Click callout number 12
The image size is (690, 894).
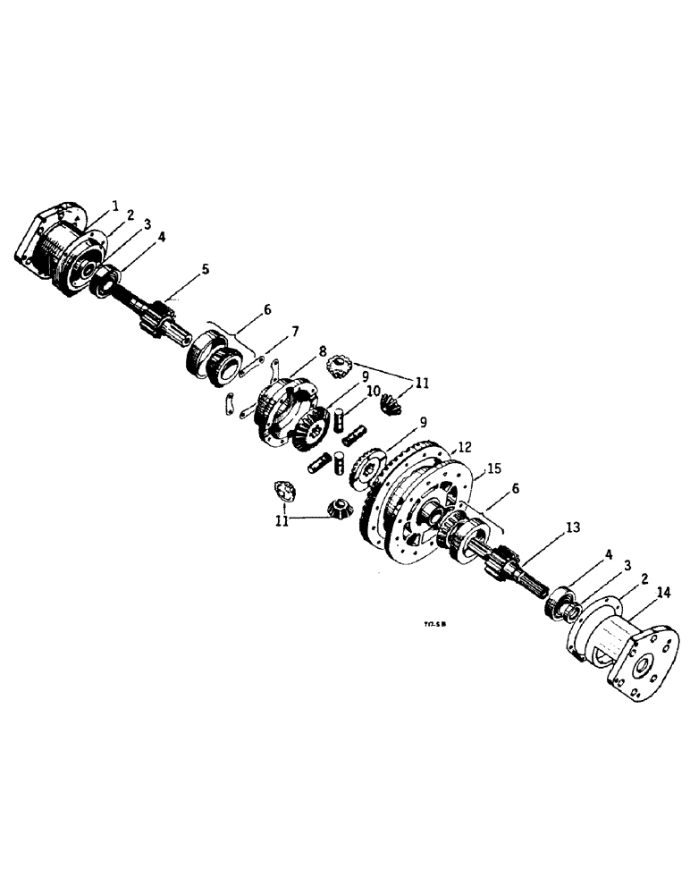[x=464, y=446]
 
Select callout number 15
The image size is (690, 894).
[x=492, y=468]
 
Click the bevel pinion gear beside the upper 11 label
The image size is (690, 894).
[x=391, y=401]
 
